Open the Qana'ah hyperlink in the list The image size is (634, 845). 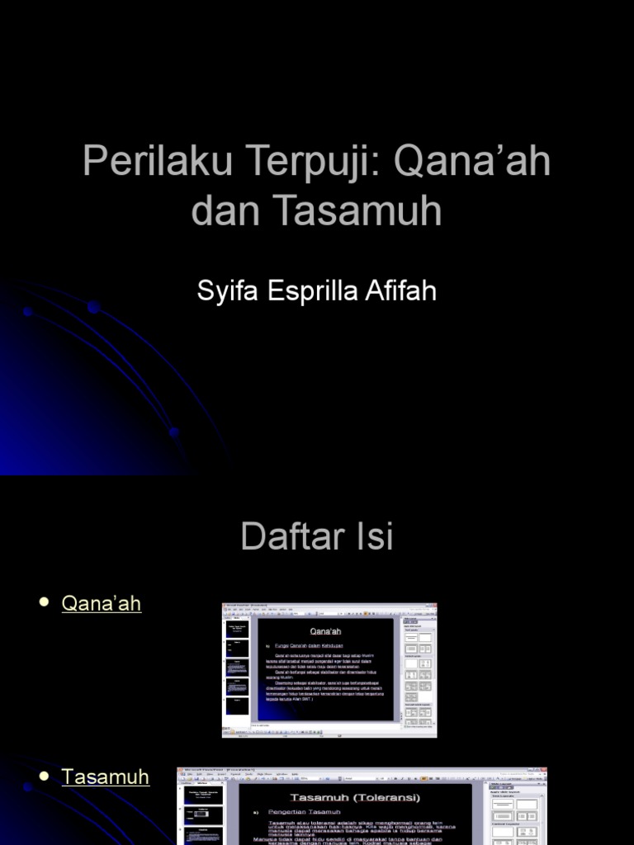[102, 603]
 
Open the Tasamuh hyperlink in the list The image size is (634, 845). [106, 777]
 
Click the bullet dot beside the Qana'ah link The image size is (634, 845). [45, 602]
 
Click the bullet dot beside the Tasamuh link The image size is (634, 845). [45, 776]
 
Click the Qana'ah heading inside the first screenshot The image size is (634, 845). [325, 631]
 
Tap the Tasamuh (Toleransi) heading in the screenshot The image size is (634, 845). [355, 797]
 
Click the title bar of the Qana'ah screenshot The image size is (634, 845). [329, 607]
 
